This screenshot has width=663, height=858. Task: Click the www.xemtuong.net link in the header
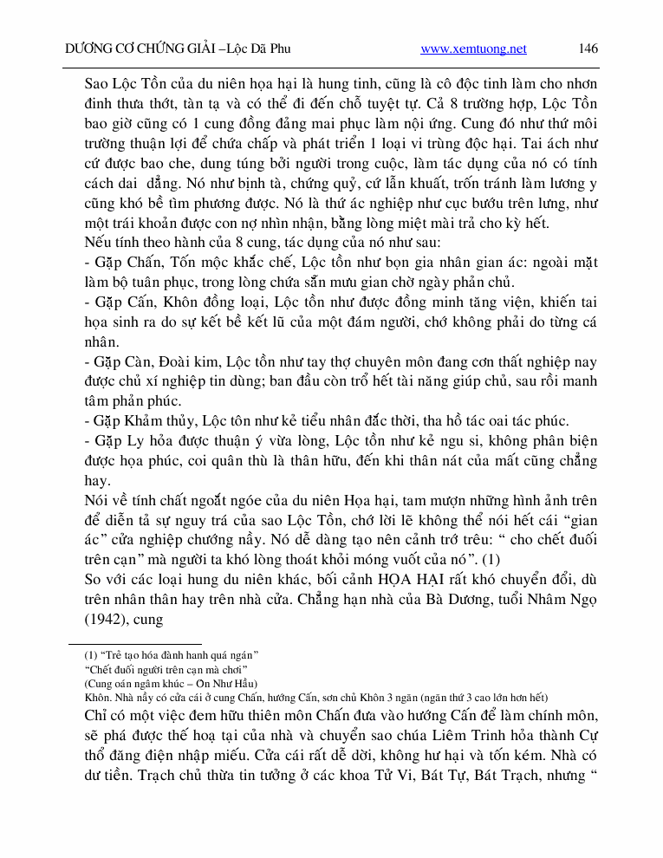[x=473, y=49]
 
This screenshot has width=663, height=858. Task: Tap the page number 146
[x=588, y=49]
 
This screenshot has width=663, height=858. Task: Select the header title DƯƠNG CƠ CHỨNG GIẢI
[x=140, y=49]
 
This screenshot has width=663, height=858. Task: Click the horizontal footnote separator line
[x=134, y=643]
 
